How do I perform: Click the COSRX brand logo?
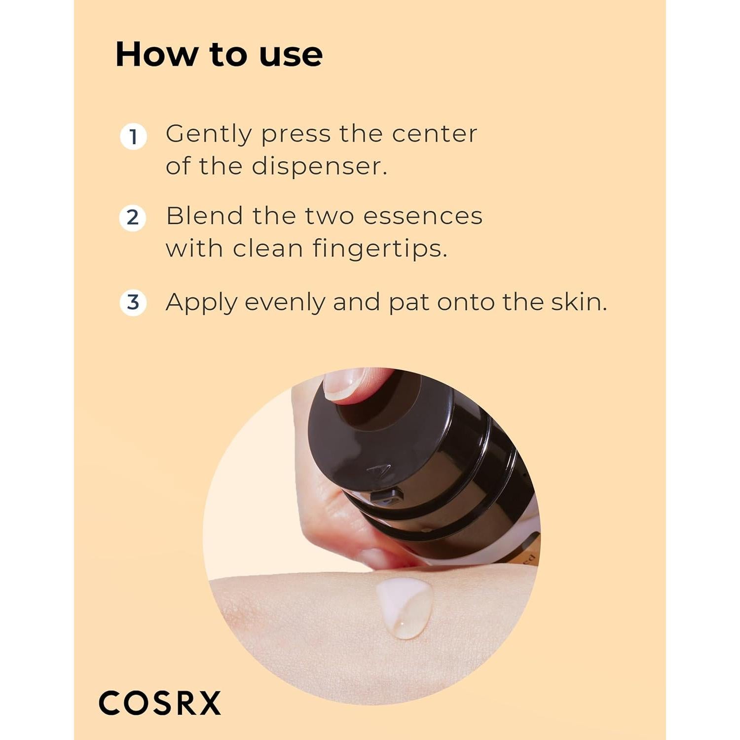point(160,703)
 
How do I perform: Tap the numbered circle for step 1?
point(133,137)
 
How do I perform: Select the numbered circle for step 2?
point(133,218)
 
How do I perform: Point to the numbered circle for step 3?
point(133,302)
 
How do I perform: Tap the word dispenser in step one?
point(319,167)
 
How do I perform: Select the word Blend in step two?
point(205,216)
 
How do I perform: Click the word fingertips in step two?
point(379,249)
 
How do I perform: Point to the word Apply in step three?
point(201,303)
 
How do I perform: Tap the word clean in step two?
point(268,249)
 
